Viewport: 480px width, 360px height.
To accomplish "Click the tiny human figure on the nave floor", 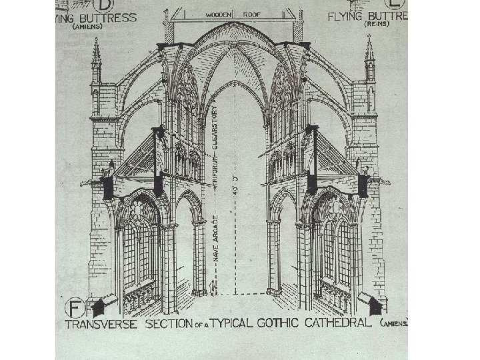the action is coord(212,287).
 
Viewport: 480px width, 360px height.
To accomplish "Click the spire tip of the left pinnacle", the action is coord(95,40).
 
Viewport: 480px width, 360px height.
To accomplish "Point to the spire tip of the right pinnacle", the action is coord(369,38).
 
